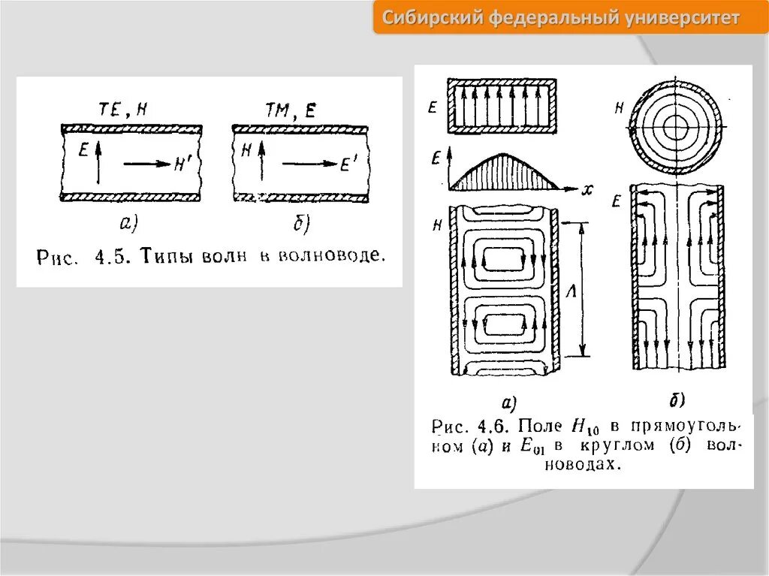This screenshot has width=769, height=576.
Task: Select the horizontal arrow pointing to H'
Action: (x=146, y=162)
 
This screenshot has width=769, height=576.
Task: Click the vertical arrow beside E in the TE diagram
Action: (x=98, y=163)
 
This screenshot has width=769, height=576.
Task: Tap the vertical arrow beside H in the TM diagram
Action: (x=261, y=163)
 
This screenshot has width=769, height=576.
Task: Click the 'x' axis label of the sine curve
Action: (x=587, y=190)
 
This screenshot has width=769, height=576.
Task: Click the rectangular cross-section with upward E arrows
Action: (x=502, y=106)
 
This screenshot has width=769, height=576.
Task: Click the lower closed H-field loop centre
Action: (x=501, y=325)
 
